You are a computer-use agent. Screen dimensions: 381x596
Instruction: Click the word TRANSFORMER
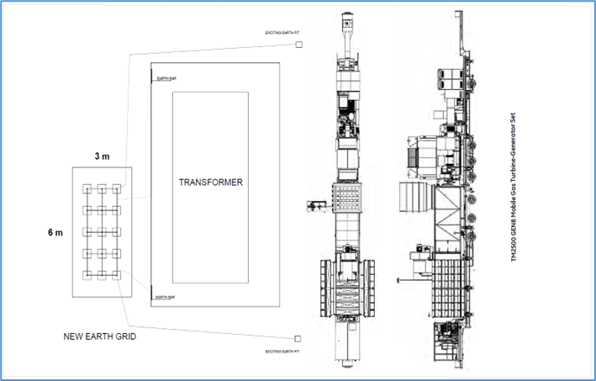tap(209, 182)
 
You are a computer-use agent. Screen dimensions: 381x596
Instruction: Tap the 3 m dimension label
tap(101, 157)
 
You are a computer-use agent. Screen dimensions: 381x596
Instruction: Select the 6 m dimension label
tap(53, 233)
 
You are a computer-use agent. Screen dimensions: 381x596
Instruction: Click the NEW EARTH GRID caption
tap(100, 336)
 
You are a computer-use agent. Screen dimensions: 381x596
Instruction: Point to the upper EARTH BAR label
tap(165, 79)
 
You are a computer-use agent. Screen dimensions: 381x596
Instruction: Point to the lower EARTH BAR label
tap(165, 297)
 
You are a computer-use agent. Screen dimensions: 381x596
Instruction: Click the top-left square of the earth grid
tap(86, 188)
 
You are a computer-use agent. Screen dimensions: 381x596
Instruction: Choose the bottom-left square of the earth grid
tap(86, 275)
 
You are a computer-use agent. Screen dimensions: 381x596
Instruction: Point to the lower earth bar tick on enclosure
tap(151, 298)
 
